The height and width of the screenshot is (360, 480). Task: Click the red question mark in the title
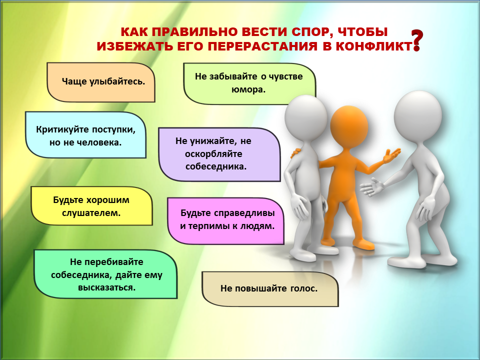(x=417, y=40)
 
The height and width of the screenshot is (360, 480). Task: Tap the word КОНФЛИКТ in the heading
(x=373, y=46)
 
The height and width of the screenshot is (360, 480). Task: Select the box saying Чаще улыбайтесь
(x=101, y=82)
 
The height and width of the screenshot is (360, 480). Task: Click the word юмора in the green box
(x=248, y=89)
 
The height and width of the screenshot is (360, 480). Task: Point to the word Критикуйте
(x=62, y=129)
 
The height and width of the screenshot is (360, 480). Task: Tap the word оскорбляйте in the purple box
(x=213, y=154)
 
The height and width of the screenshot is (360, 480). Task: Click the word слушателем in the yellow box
(x=91, y=213)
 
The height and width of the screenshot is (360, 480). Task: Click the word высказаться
(x=107, y=288)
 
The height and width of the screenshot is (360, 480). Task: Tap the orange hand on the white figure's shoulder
(x=295, y=152)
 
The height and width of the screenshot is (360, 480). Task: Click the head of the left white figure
(x=306, y=116)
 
